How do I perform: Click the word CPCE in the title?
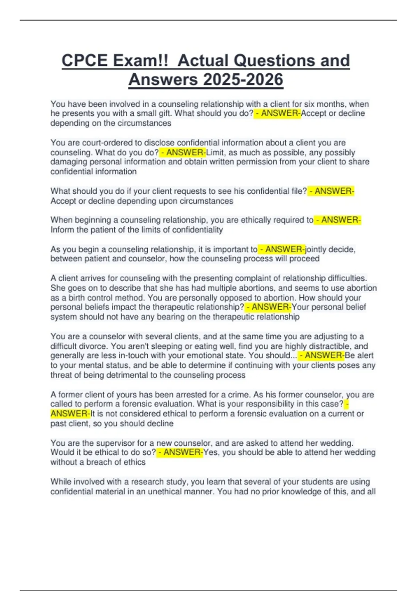click(84, 60)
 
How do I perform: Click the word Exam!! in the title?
click(140, 60)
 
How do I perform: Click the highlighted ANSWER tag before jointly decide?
click(282, 249)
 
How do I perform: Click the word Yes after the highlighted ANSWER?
click(211, 452)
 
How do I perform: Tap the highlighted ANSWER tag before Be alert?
click(321, 355)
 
